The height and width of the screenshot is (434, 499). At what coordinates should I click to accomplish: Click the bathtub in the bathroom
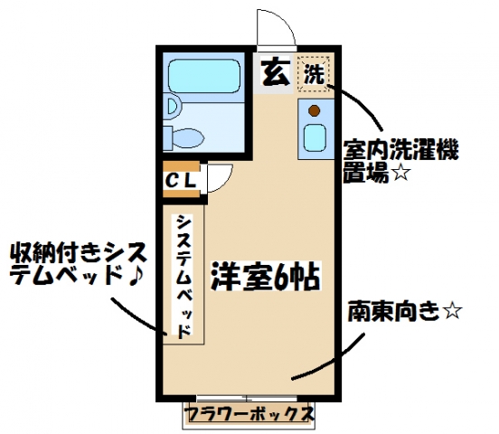204,76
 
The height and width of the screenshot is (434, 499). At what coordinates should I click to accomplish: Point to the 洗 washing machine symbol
315,74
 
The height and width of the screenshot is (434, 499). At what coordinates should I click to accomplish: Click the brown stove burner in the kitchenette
314,110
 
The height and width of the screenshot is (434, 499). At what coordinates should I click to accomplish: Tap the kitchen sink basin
315,137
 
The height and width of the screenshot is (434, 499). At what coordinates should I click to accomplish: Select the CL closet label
180,181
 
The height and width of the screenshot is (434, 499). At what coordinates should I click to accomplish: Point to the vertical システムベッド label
184,277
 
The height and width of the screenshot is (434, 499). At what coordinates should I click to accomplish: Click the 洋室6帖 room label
266,276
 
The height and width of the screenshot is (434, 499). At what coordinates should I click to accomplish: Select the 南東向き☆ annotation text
404,311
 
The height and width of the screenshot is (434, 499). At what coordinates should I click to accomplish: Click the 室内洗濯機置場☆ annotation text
400,161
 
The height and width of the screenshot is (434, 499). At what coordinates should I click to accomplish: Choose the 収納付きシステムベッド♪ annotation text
79,264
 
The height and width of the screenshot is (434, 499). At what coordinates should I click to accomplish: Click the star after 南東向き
452,311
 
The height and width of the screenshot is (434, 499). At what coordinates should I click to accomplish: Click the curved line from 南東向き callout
338,359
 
